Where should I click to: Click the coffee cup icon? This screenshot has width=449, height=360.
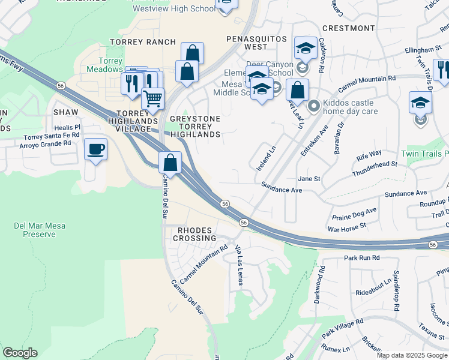95,149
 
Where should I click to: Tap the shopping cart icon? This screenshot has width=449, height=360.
153,97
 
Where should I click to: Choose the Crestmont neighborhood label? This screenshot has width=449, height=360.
348,28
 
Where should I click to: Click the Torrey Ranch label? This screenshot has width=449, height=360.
143,42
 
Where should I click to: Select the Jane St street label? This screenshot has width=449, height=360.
309,179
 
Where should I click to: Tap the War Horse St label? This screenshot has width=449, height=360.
346,229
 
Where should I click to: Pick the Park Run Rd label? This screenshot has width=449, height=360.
362,257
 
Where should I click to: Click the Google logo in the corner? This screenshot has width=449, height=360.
20,353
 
